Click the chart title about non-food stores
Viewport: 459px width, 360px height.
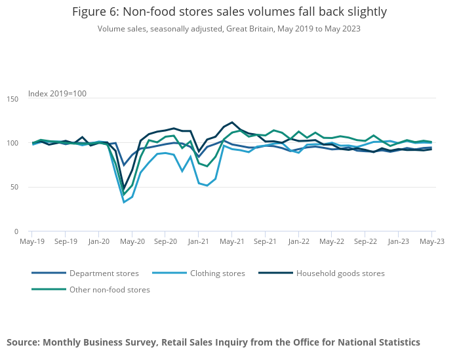[x=229, y=12]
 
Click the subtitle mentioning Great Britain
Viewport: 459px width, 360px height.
[x=229, y=29]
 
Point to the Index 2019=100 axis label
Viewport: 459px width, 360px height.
[x=57, y=94]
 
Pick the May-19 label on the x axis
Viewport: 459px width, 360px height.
[x=32, y=241]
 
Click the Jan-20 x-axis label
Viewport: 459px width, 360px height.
[x=98, y=241]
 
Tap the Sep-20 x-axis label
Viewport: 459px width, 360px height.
[x=165, y=241]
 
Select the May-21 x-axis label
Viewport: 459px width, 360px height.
[x=231, y=241]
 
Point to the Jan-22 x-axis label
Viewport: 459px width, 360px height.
[x=298, y=241]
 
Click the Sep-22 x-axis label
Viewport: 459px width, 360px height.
[x=365, y=241]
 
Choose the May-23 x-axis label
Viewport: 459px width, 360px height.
[x=431, y=241]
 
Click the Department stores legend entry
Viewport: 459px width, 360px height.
[x=104, y=273]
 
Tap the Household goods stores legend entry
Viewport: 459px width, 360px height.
[x=340, y=273]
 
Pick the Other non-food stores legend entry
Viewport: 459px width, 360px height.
[x=110, y=290]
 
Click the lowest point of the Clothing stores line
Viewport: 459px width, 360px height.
[x=124, y=202]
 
